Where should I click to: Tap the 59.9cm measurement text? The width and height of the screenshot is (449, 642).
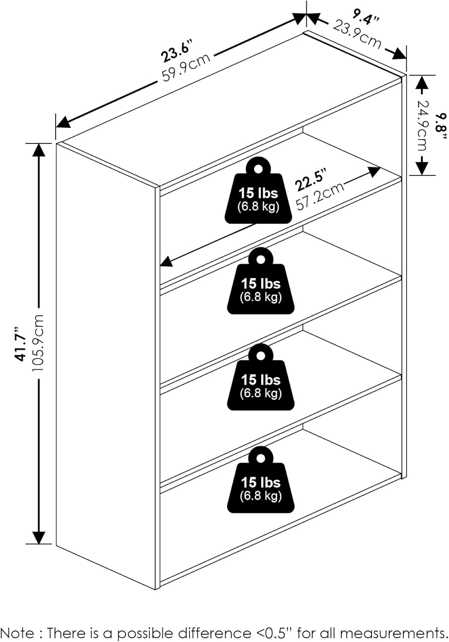point(186,67)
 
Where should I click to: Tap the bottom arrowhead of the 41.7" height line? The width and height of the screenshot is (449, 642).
point(39,537)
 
